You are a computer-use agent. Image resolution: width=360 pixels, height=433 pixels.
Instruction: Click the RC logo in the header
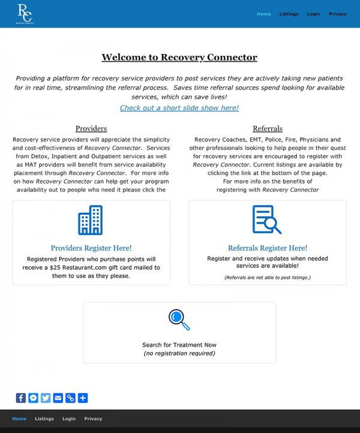pyautogui.click(x=25, y=14)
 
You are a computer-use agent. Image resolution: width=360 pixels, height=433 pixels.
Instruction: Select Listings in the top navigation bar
pyautogui.click(x=289, y=14)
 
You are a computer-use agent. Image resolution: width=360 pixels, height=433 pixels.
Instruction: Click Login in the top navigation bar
pyautogui.click(x=313, y=14)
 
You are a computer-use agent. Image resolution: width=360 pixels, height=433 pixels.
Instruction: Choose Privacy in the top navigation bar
pyautogui.click(x=337, y=14)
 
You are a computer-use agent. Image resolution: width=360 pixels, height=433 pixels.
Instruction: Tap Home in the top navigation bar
pyautogui.click(x=263, y=14)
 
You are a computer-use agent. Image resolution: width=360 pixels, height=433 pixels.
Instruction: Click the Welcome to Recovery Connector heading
pyautogui.click(x=179, y=58)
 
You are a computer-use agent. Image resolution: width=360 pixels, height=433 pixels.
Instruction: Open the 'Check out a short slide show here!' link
pyautogui.click(x=179, y=108)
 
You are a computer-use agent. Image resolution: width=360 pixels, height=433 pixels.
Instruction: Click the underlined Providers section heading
pyautogui.click(x=91, y=128)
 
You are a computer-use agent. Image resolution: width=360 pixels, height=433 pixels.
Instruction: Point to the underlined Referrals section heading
pyautogui.click(x=268, y=128)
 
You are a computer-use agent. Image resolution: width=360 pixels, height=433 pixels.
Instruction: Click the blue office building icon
pyautogui.click(x=91, y=220)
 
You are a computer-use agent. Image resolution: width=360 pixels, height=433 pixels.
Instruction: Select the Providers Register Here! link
pyautogui.click(x=91, y=248)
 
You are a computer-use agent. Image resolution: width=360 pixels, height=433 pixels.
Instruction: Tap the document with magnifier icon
pyautogui.click(x=267, y=219)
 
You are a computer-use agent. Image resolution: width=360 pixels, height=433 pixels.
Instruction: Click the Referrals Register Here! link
pyautogui.click(x=268, y=248)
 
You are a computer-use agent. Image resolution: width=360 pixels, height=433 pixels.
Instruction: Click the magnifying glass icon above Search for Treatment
pyautogui.click(x=179, y=319)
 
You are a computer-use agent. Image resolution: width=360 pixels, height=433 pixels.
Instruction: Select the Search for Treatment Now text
pyautogui.click(x=179, y=345)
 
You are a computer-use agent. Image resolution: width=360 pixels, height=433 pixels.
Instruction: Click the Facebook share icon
pyautogui.click(x=21, y=398)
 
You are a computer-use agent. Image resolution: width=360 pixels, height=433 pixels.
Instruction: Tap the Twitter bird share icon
pyautogui.click(x=46, y=398)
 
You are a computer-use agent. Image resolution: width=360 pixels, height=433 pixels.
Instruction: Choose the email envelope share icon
pyautogui.click(x=58, y=398)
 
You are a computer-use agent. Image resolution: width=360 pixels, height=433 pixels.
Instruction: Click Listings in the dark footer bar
pyautogui.click(x=44, y=419)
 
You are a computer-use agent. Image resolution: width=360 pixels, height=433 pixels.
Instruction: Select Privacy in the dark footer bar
pyautogui.click(x=93, y=419)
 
